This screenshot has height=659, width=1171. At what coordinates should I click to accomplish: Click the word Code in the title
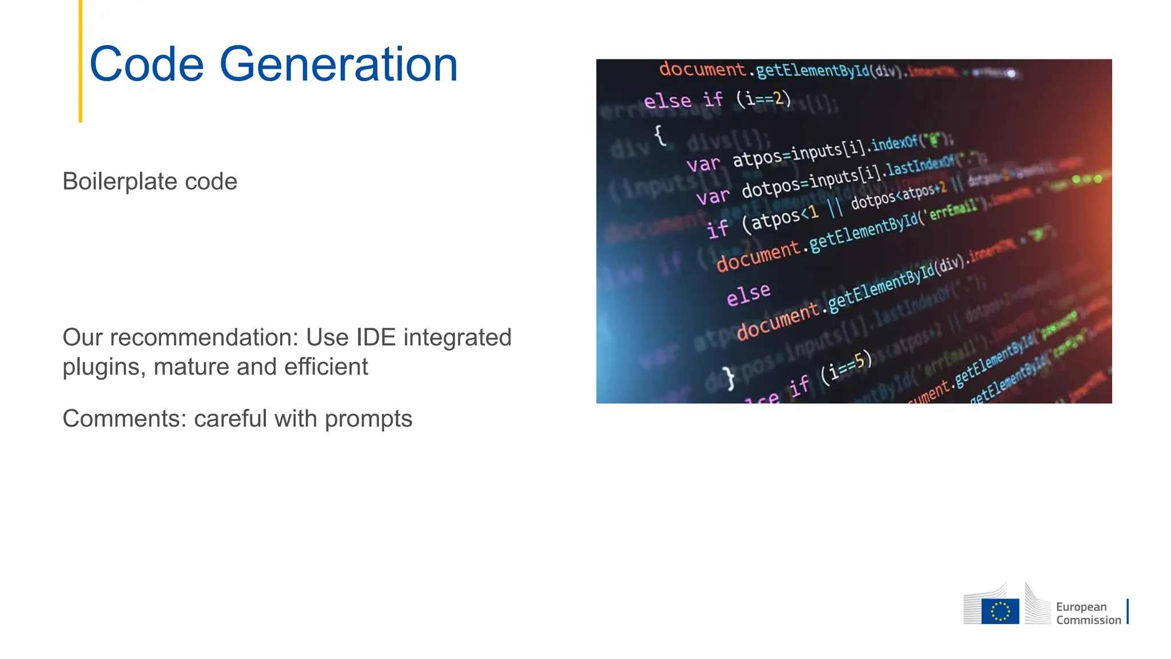coord(146,64)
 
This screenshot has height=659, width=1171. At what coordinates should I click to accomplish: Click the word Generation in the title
coord(338,64)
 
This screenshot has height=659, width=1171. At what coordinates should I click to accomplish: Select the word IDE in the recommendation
coord(376,338)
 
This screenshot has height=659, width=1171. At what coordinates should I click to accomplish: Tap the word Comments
coord(125,419)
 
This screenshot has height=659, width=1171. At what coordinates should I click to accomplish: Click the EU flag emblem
coord(1000,611)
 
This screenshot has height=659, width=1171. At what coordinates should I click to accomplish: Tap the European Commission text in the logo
coord(1088,613)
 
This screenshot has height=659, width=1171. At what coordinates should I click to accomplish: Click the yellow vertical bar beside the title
coord(81,61)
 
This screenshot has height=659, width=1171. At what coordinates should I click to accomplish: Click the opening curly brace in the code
coord(660,135)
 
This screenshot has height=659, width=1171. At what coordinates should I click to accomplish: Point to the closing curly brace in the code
coord(728,378)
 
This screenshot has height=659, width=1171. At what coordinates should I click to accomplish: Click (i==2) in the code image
coord(763,98)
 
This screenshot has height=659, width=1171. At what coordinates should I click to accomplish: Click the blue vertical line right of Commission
coord(1128,611)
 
